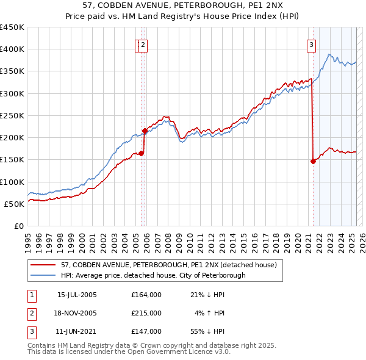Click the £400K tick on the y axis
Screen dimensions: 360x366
pos(12,49)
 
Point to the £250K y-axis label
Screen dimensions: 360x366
pos(12,115)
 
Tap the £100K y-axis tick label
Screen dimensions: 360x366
pos(12,182)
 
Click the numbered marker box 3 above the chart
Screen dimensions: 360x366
pos(311,44)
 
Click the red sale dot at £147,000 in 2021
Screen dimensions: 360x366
pos(313,161)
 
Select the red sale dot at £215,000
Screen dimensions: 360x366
pos(145,131)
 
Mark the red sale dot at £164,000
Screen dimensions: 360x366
pos(141,153)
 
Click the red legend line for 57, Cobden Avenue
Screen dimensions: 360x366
pos(43,265)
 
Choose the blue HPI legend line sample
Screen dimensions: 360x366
pos(43,275)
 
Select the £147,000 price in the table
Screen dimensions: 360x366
pos(146,331)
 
